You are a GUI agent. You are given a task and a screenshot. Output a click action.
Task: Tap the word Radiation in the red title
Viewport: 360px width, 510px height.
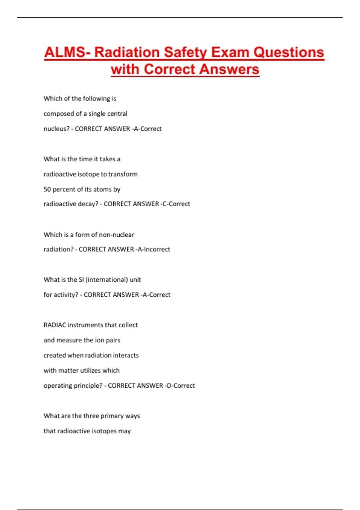(x=127, y=52)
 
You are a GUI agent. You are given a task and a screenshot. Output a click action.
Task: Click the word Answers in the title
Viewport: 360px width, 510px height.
(x=229, y=69)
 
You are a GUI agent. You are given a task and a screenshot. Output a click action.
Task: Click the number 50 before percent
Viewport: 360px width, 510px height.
(x=47, y=189)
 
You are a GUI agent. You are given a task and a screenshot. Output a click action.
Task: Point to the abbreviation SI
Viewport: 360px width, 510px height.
(x=81, y=280)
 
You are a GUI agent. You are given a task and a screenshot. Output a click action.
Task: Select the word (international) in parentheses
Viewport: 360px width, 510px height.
(x=107, y=280)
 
